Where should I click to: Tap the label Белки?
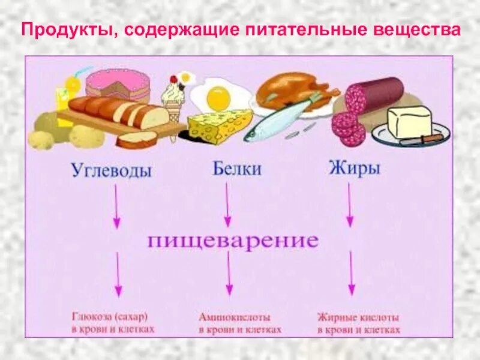point(236,169)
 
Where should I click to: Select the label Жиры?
point(354,168)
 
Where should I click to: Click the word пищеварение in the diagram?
point(232,241)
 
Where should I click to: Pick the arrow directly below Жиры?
point(350,205)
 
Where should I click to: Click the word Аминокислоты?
point(235,317)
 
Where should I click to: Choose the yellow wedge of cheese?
point(217,125)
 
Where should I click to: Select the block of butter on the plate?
point(409,122)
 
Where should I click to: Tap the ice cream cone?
point(173,111)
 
